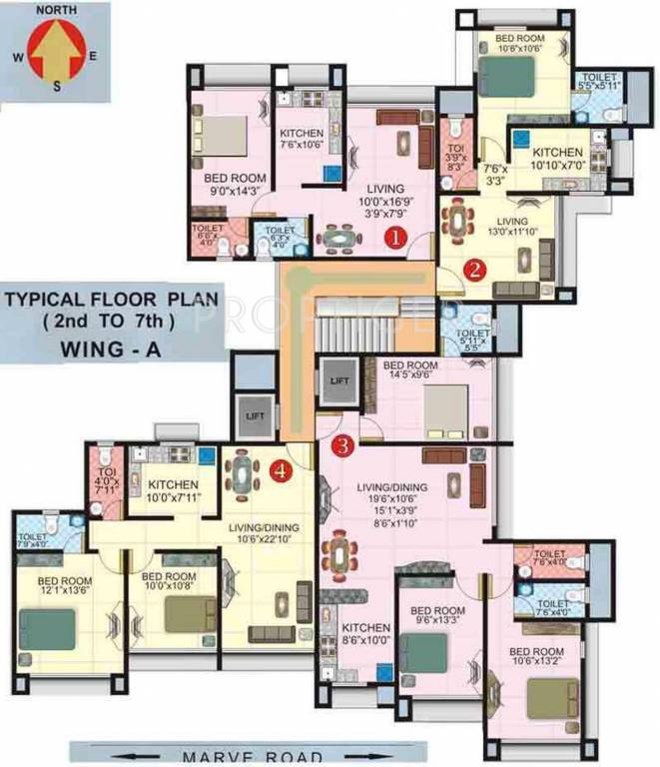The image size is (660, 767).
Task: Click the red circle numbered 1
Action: [x=396, y=238]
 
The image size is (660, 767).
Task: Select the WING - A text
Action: [x=90, y=351]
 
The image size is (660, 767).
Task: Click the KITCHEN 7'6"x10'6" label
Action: [x=301, y=142]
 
